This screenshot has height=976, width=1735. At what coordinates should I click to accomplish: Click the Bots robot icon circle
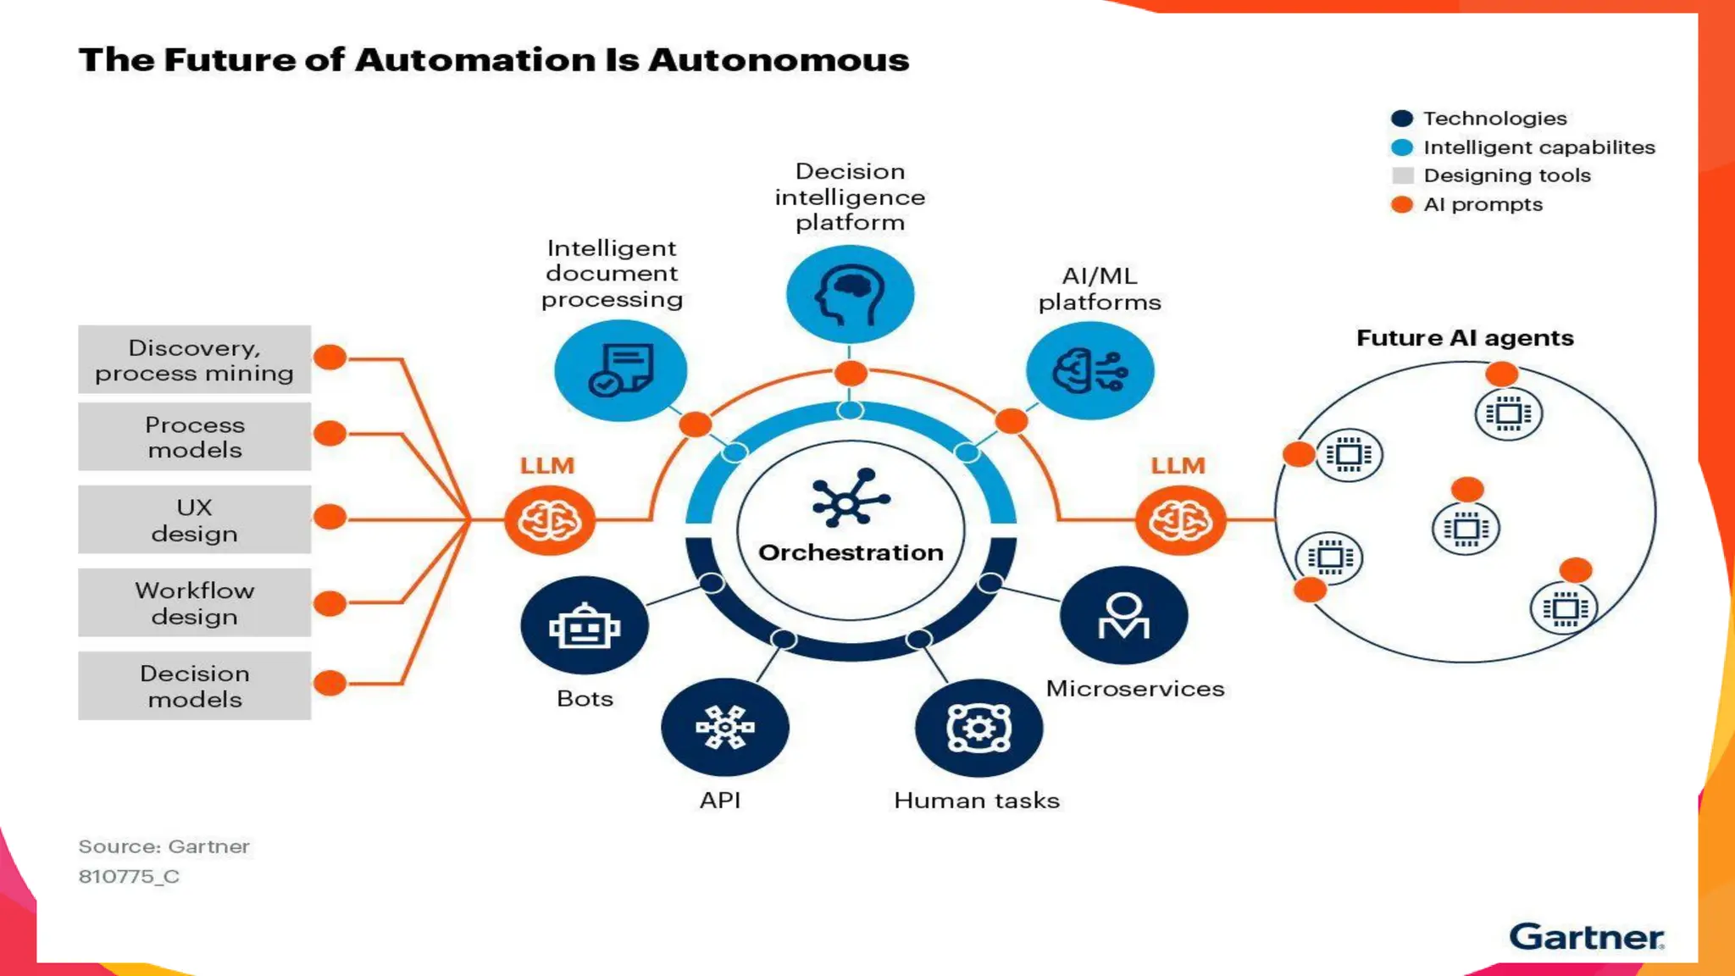(585, 626)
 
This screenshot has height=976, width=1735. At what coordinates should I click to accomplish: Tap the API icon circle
(725, 727)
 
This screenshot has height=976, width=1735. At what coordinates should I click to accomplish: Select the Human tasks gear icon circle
(978, 728)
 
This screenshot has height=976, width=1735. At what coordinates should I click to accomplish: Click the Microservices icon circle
(1123, 615)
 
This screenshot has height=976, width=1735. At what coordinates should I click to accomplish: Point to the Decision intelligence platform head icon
(850, 294)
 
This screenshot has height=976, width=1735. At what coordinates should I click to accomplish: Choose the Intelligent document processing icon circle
(620, 370)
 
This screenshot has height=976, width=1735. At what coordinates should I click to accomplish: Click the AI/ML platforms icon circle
(1089, 370)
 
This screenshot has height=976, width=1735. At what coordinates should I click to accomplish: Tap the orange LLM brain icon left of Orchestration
(550, 519)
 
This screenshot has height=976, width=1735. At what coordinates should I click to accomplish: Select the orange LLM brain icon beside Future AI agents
(1180, 519)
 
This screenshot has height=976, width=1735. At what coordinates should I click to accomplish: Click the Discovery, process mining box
(195, 360)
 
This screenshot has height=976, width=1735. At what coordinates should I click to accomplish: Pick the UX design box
(195, 519)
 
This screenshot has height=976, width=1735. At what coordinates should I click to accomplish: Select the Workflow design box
(195, 602)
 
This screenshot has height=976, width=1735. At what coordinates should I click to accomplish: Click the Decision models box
(195, 685)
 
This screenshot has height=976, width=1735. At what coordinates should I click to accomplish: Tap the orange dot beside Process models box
(330, 434)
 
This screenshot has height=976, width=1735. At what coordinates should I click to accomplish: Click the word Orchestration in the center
(851, 552)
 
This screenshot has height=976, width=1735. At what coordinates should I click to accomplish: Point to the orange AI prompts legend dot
(1402, 204)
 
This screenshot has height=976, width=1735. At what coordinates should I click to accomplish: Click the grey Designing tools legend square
(1403, 175)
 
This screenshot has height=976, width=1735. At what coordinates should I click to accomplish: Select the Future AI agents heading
(1465, 338)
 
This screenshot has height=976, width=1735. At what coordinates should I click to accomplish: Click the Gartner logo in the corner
(1586, 937)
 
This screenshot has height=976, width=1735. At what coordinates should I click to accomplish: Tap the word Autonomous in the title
(778, 60)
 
